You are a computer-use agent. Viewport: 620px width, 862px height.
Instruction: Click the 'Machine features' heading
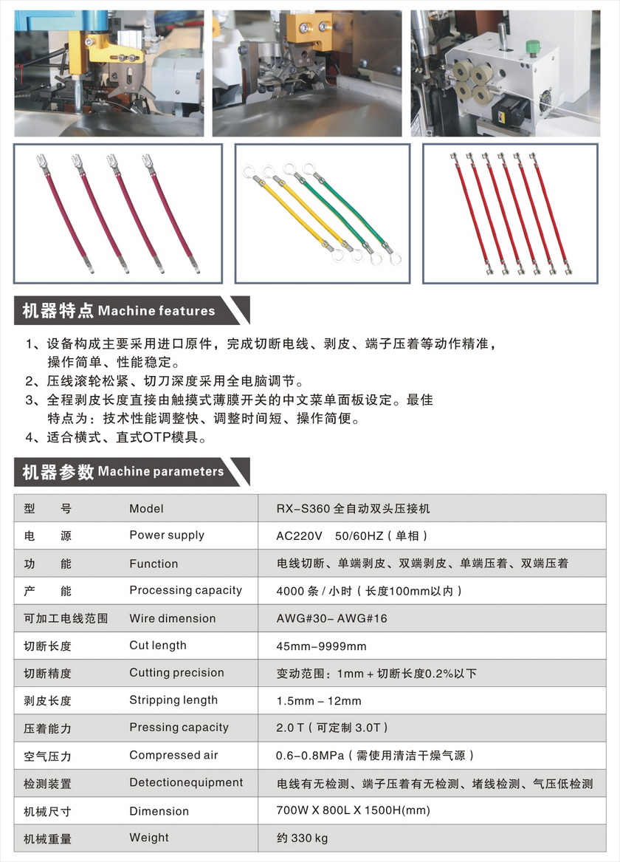156,311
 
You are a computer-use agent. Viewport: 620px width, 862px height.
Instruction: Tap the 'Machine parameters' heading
160,471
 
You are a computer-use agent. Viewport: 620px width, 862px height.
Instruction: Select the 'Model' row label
146,508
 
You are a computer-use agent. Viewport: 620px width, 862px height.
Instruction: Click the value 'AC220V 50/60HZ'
351,536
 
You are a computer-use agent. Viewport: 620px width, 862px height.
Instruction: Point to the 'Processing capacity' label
185,590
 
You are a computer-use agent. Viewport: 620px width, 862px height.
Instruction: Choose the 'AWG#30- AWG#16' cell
331,618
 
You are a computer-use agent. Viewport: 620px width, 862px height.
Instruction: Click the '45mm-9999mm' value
321,646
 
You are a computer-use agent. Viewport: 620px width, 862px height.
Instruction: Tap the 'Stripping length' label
173,700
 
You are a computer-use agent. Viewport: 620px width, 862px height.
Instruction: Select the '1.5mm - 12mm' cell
319,701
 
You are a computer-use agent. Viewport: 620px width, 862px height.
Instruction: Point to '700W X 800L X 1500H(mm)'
353,810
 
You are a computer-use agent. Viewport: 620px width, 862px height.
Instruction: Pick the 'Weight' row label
148,838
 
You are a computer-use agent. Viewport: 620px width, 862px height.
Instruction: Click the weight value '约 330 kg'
302,838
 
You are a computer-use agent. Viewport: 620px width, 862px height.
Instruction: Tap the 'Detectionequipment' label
186,783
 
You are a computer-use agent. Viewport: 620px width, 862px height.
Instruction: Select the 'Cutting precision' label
176,673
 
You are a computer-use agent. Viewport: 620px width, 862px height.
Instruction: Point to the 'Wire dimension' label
173,618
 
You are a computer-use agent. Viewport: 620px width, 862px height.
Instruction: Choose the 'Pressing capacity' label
179,728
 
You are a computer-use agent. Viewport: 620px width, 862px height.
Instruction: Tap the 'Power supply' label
167,536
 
